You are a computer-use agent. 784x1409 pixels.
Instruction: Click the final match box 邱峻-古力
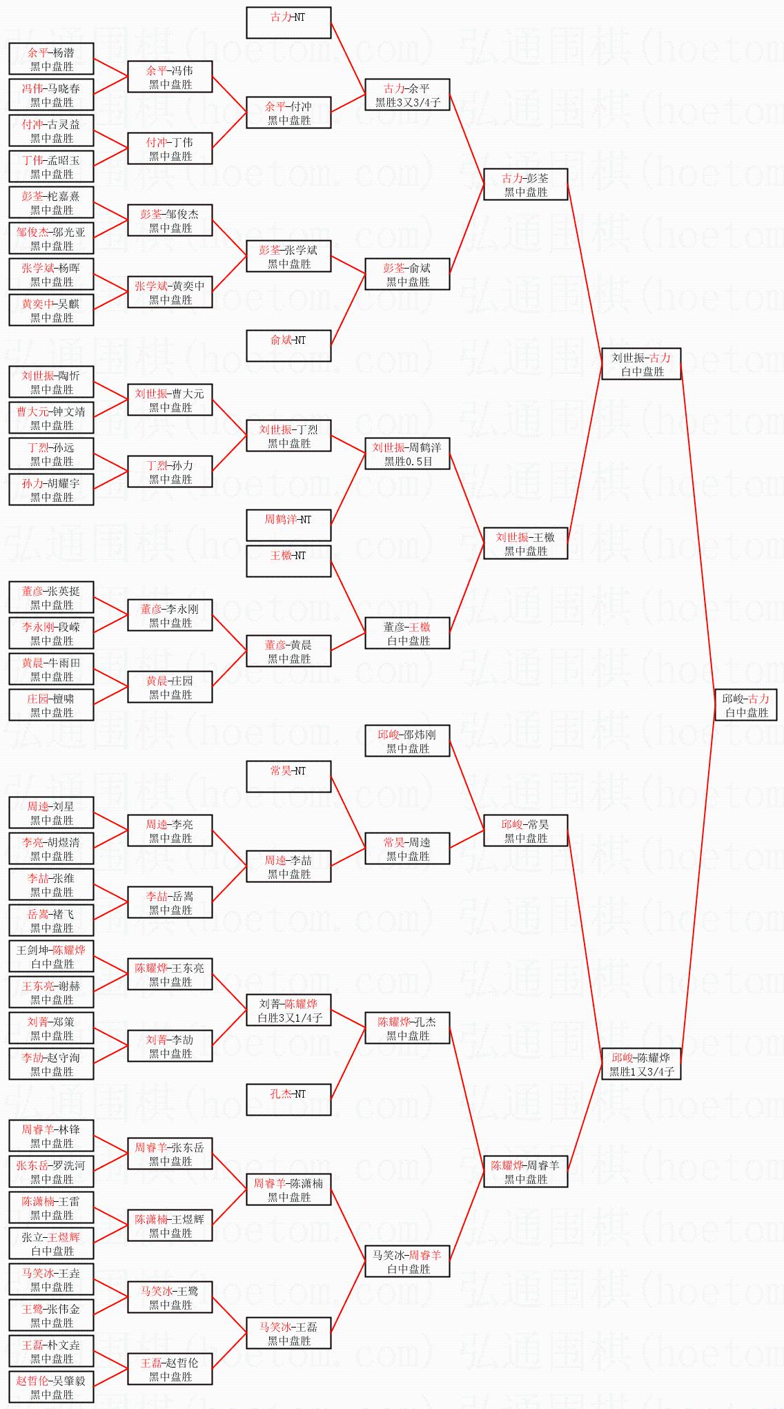(x=745, y=706)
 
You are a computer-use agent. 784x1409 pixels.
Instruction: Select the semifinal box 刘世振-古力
(x=641, y=365)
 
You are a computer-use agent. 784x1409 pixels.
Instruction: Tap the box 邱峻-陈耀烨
(x=641, y=1065)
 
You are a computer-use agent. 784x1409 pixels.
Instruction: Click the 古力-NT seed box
(x=288, y=23)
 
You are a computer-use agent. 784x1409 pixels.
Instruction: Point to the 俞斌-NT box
(x=288, y=346)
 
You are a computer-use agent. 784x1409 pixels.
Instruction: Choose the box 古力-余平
(x=407, y=95)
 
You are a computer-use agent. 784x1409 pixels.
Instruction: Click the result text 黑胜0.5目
(x=408, y=462)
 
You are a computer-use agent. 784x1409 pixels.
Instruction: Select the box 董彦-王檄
(x=407, y=634)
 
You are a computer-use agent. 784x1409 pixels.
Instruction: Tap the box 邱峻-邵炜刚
(x=407, y=741)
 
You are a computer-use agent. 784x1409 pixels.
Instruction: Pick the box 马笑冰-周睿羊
(x=407, y=1262)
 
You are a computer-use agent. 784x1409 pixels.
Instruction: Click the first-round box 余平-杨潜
(x=51, y=59)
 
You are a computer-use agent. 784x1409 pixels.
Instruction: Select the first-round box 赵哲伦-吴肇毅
(x=51, y=1388)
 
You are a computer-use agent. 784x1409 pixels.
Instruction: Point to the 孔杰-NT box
(x=288, y=1100)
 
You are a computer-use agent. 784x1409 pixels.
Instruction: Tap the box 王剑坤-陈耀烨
(x=51, y=957)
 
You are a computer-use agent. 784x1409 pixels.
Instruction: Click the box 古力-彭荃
(x=525, y=185)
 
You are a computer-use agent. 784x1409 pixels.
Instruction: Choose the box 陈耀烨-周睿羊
(x=525, y=1172)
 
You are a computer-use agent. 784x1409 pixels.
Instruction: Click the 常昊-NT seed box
(x=288, y=777)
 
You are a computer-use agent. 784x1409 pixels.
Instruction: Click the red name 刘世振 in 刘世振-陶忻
(x=38, y=376)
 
